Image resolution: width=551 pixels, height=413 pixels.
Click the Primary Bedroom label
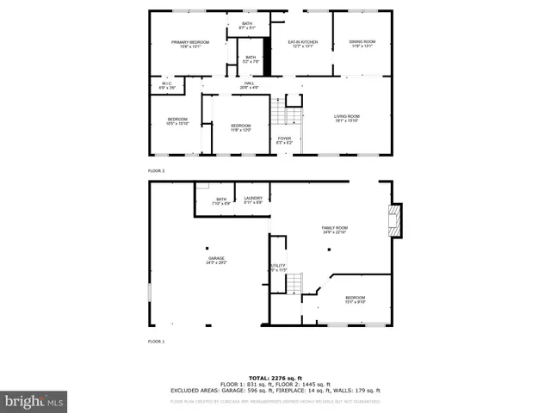click(190, 44)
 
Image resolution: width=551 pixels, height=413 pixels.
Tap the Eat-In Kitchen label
click(302, 44)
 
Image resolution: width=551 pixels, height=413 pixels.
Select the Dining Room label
click(362, 44)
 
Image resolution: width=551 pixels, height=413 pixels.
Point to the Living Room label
click(347, 118)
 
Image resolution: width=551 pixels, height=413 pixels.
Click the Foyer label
click(284, 139)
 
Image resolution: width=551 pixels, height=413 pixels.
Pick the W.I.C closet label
click(167, 85)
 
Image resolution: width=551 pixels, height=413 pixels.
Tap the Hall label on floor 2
click(248, 85)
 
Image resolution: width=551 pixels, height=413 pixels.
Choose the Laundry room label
click(253, 200)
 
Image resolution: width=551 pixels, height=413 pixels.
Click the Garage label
click(215, 260)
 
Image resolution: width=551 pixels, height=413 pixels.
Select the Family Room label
click(334, 229)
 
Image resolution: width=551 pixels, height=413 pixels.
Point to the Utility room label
click(277, 268)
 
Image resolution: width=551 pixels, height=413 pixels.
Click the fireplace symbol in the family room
click(395, 219)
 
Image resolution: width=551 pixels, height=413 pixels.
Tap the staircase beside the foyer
click(286, 114)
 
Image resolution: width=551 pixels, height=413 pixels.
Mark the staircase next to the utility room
click(294, 282)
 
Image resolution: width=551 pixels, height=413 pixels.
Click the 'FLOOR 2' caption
click(156, 170)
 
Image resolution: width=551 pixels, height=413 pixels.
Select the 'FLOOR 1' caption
click(156, 342)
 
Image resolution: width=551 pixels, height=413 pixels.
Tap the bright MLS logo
click(34, 401)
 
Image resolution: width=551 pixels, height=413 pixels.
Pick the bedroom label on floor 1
click(355, 299)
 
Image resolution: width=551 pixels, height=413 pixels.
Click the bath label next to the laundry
click(221, 200)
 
